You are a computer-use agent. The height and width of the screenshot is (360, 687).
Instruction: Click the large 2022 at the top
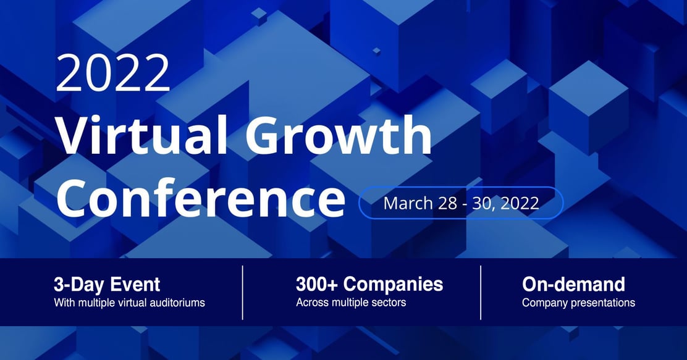click(112, 73)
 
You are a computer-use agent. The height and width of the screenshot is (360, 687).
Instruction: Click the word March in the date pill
click(408, 203)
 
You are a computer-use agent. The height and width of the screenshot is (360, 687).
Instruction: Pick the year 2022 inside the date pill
click(520, 204)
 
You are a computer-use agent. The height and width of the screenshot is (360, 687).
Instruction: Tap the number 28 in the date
click(447, 204)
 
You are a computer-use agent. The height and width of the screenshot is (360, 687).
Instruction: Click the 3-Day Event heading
click(107, 285)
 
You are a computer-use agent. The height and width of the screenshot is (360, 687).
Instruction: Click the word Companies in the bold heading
click(393, 285)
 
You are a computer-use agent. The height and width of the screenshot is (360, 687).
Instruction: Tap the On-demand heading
click(573, 285)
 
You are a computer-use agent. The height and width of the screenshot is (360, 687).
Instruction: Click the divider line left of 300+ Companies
click(242, 293)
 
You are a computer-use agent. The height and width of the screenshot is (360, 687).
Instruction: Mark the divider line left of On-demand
click(481, 293)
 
